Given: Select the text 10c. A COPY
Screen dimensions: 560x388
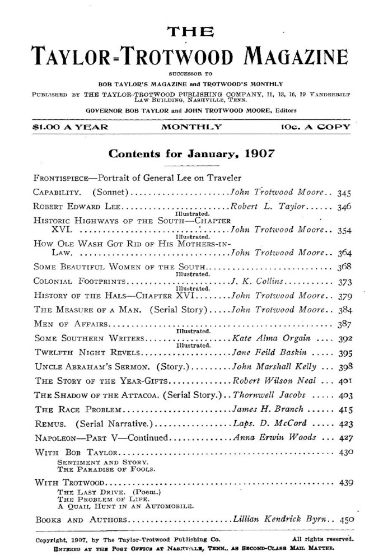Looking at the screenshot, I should (x=315, y=128).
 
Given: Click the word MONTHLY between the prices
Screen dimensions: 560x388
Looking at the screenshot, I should (x=191, y=128).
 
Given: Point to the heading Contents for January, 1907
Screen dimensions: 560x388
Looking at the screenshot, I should (x=194, y=154).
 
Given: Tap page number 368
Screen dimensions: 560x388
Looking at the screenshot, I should (x=345, y=265).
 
